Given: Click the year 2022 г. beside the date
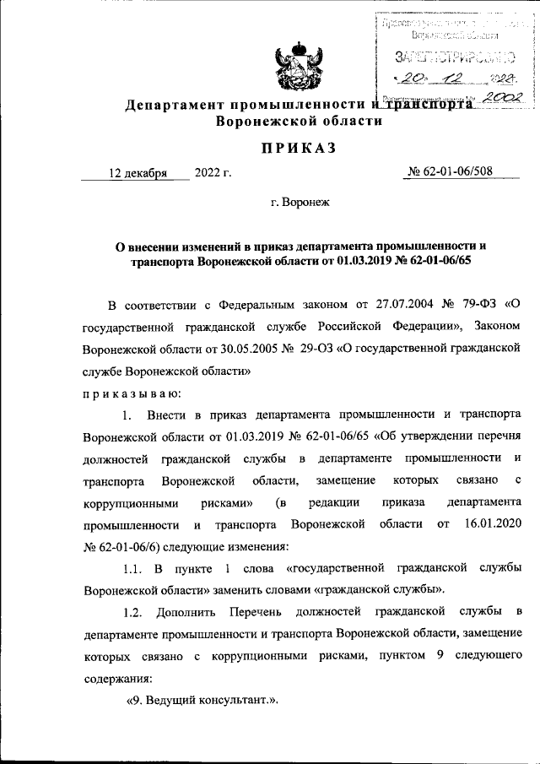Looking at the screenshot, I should tap(213, 174).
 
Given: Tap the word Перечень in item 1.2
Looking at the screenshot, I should tap(251, 611).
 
